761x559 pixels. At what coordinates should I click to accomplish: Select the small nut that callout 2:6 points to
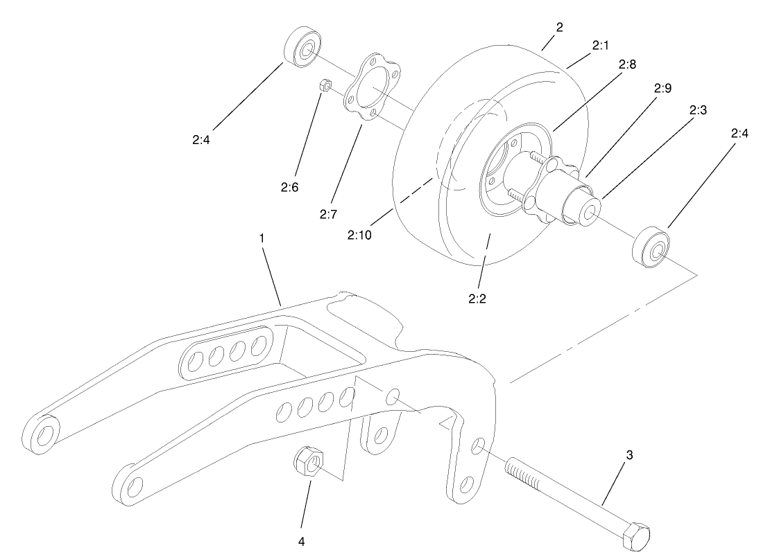tap(323, 87)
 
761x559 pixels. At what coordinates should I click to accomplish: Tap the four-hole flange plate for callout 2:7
tap(373, 90)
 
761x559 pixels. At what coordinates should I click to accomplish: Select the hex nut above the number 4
tap(307, 462)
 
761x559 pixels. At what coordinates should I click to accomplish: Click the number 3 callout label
tap(629, 455)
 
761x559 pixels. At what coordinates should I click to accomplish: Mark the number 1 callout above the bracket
tap(262, 238)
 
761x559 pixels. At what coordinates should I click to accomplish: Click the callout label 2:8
tap(629, 64)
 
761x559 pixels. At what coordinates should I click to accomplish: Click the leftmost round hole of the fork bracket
tap(44, 434)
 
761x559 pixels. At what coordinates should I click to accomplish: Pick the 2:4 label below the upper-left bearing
tap(203, 139)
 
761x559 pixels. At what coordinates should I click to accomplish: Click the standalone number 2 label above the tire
tap(559, 27)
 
